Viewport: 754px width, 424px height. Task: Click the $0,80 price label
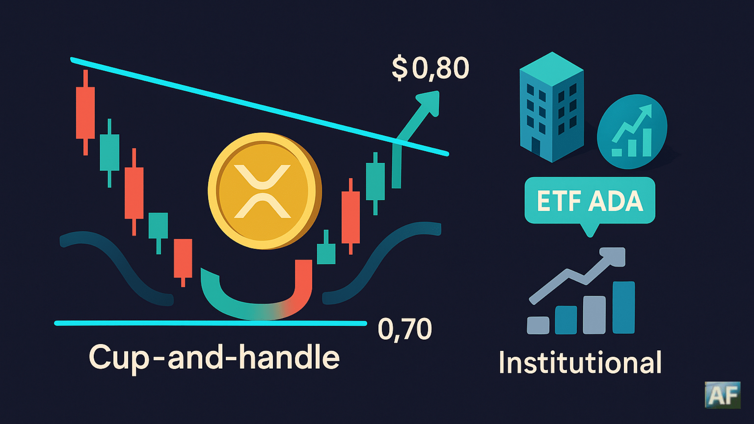click(x=430, y=68)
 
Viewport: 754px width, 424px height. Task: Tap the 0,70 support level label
click(x=405, y=329)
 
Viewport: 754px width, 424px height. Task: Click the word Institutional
click(x=580, y=362)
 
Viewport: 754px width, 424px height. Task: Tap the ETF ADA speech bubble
click(x=590, y=201)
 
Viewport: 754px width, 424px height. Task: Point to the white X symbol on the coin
click(x=262, y=191)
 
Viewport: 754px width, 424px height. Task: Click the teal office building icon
click(x=551, y=107)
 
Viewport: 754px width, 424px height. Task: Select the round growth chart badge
click(x=631, y=132)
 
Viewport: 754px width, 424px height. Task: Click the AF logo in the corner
click(x=723, y=395)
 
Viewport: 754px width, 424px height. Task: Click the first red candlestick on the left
click(x=85, y=113)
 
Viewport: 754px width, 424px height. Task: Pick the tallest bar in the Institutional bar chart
click(x=624, y=307)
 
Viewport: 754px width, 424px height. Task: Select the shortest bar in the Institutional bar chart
click(x=538, y=325)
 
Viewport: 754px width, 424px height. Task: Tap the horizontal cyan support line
click(x=210, y=323)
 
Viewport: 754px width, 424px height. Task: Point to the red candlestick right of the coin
click(x=351, y=217)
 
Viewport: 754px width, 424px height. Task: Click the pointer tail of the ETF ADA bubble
click(x=590, y=230)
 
